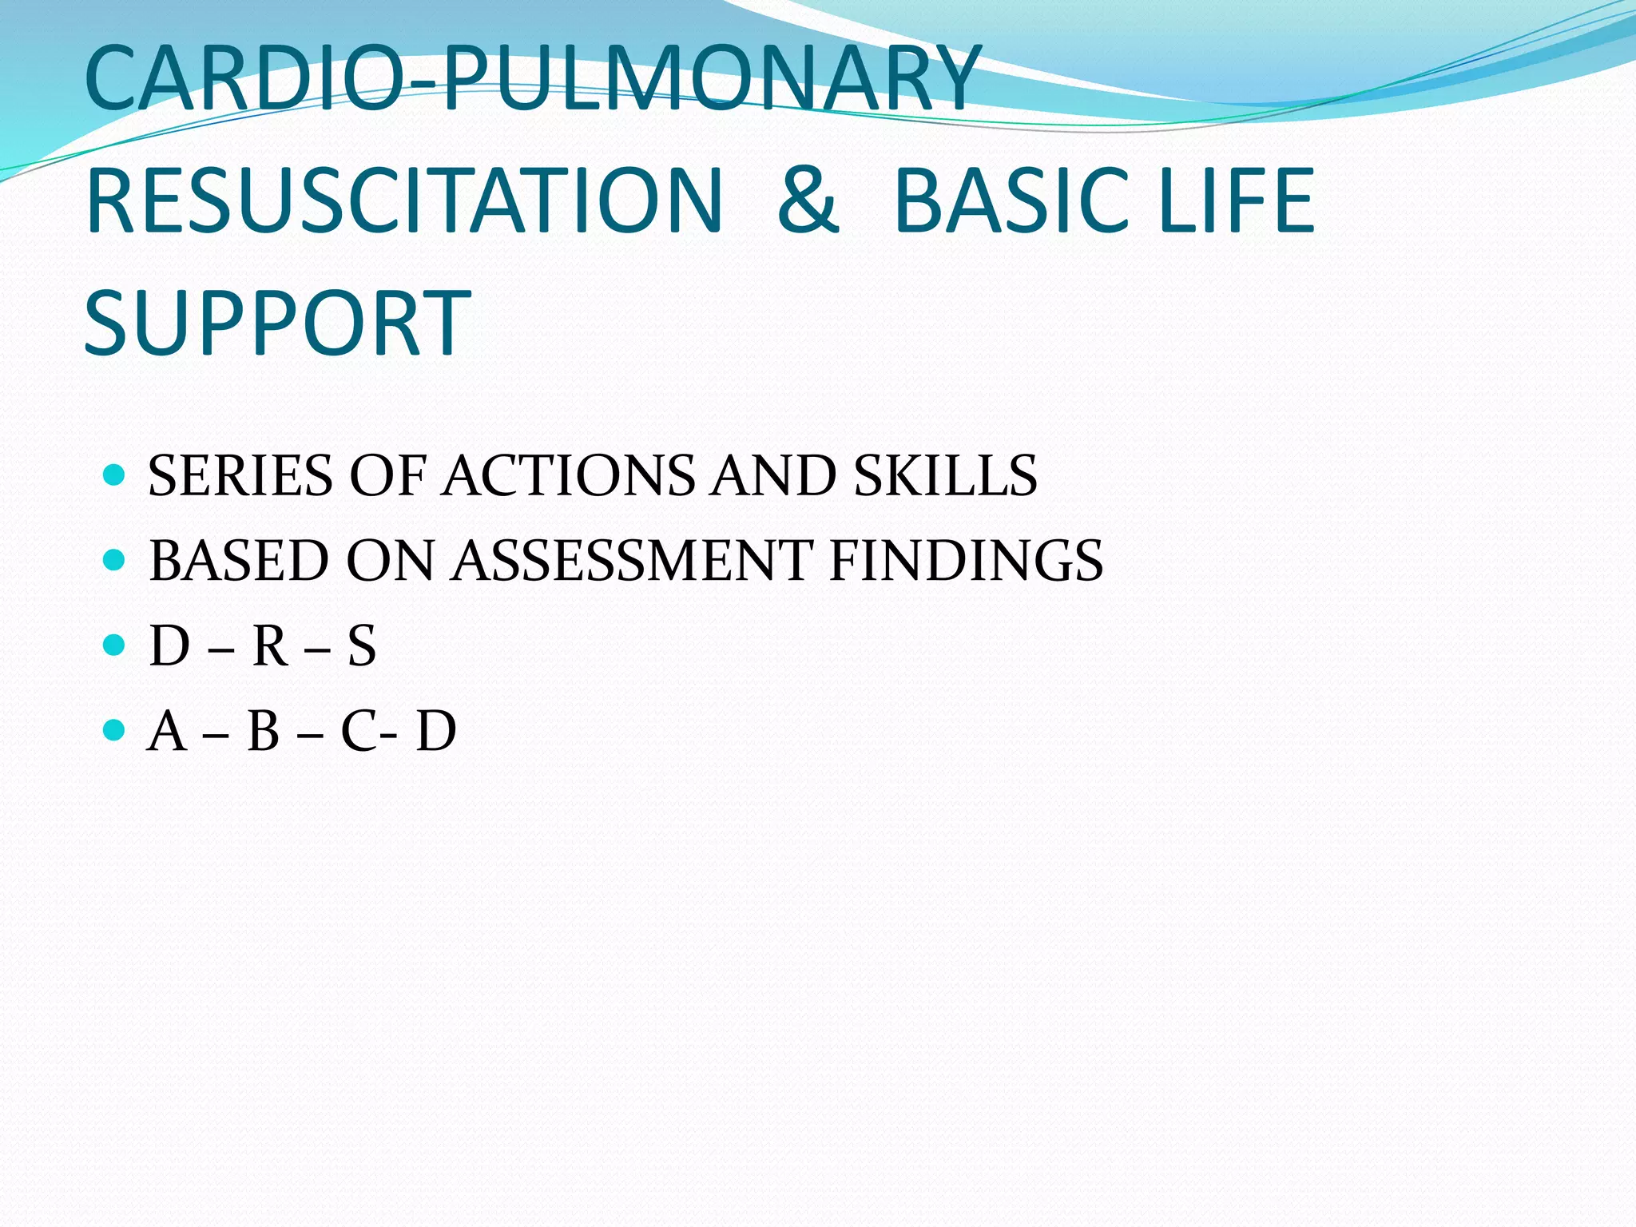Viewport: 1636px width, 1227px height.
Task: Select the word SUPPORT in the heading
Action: coord(277,323)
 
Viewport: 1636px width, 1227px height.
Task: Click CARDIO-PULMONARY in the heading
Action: coord(532,78)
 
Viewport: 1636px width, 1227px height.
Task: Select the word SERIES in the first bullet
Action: coord(240,476)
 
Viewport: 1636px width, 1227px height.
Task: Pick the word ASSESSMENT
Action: coord(632,561)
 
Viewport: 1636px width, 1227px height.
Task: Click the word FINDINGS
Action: coord(966,561)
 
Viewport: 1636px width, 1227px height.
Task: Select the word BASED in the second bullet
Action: coord(238,561)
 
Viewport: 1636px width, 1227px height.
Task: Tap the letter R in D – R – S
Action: coord(270,646)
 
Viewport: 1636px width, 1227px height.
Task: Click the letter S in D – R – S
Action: coord(361,646)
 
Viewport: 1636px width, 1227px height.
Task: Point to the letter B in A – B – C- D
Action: coord(264,731)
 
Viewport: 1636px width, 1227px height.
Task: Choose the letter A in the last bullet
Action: coord(167,731)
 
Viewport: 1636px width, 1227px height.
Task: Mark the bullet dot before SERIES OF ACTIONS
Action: coord(115,475)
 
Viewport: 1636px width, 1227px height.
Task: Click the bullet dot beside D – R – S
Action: coord(115,645)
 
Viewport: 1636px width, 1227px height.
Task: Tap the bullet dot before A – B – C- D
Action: coord(115,729)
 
